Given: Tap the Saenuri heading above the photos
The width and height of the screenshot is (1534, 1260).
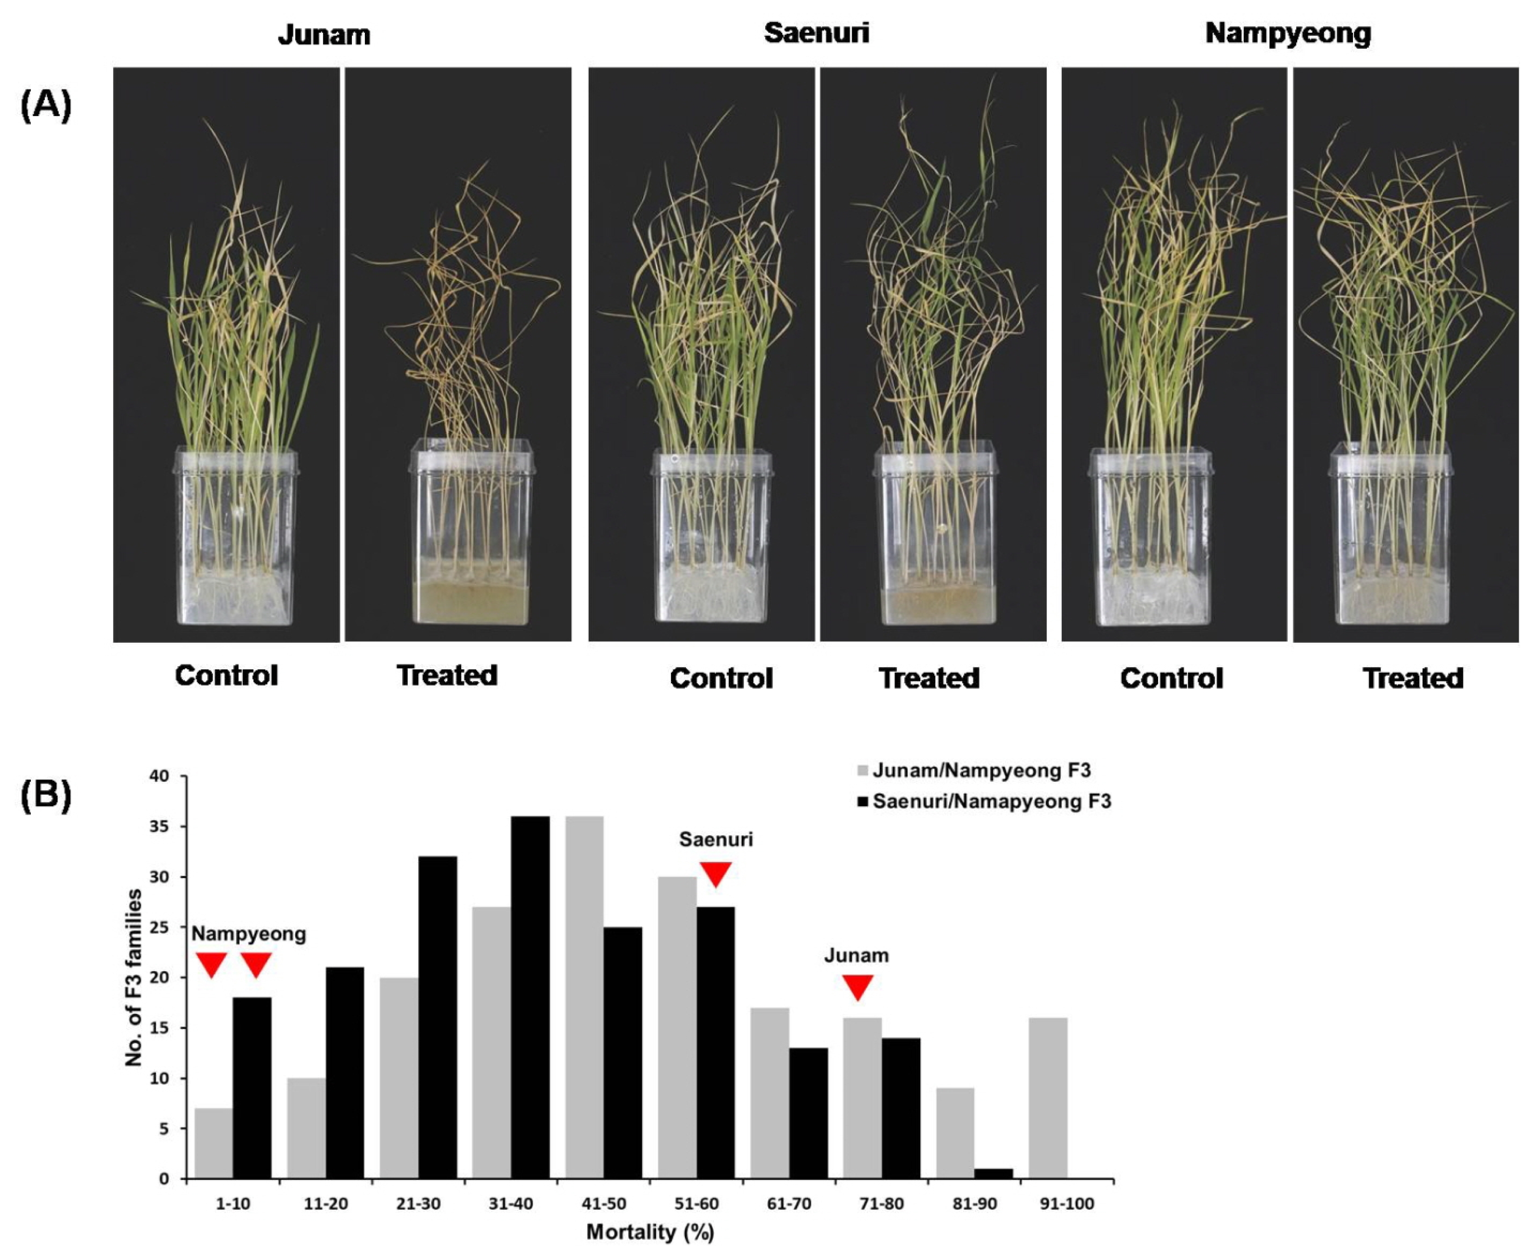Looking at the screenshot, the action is (x=816, y=33).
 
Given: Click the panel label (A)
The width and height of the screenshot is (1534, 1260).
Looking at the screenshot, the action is (x=45, y=106).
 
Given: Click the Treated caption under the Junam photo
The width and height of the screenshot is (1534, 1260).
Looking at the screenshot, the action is (x=447, y=675).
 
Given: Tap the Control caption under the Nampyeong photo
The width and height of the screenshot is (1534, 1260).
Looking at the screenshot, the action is (x=1171, y=678).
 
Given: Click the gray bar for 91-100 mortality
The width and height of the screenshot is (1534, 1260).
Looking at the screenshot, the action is (x=1048, y=1098).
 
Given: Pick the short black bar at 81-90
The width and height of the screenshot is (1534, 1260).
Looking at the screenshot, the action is (x=993, y=1174).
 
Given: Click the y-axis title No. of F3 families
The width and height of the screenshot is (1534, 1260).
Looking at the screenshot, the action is (x=134, y=977).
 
